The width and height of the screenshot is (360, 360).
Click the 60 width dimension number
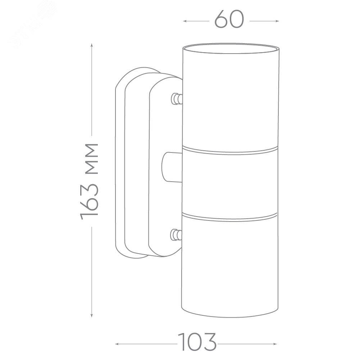point(229,19)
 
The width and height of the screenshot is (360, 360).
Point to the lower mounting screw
point(176,235)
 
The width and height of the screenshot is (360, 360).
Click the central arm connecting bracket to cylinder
point(172,167)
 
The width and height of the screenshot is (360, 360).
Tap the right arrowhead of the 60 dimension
point(277,21)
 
